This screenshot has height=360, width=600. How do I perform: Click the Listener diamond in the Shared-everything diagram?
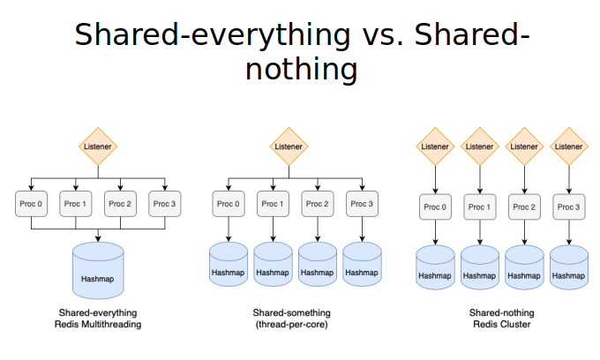point(98,146)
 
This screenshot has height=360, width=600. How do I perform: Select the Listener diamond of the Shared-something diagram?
point(289,146)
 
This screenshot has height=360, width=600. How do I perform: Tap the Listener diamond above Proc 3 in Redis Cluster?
point(569,146)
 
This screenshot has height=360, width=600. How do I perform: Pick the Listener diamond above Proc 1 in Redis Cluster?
point(480,146)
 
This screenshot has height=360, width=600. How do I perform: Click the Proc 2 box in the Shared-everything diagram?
point(120,204)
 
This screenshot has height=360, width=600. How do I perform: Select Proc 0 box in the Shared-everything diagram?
point(32,204)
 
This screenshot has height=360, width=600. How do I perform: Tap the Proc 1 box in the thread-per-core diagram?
point(273,204)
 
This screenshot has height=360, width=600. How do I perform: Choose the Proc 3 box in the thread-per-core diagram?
point(362,204)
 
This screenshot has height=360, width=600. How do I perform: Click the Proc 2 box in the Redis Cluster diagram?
point(524,207)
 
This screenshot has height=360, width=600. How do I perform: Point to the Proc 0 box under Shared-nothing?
point(436,207)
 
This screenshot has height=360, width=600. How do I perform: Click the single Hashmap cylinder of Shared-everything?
point(98,271)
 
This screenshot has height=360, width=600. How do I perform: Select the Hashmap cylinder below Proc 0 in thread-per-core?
point(229,264)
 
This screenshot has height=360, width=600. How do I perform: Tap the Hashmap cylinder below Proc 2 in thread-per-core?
point(318,264)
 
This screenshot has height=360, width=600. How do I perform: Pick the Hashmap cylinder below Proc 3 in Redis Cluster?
point(569,267)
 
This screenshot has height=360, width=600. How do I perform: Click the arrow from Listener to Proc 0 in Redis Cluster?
point(436,180)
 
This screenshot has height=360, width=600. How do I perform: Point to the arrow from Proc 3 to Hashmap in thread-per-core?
point(362,229)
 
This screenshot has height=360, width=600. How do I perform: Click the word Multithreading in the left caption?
point(114,325)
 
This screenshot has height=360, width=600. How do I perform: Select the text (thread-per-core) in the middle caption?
point(291,325)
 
